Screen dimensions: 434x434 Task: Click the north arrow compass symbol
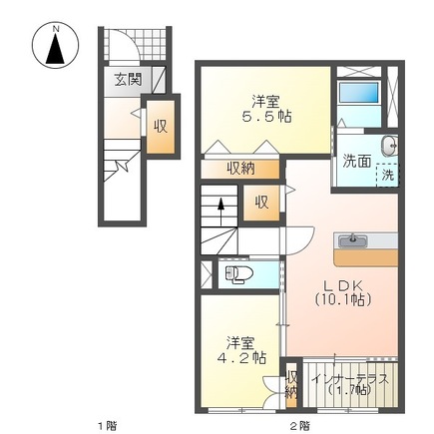[55, 45]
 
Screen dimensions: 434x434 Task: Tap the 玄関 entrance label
[128, 80]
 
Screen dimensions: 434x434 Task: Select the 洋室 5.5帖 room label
[266, 109]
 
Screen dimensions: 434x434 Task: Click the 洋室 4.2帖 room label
[241, 350]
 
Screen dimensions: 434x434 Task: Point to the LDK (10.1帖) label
[342, 293]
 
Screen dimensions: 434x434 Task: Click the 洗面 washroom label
[357, 162]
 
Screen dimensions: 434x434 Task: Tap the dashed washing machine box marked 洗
[387, 175]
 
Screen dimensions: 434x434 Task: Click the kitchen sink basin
[352, 240]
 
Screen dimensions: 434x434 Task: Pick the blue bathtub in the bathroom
[358, 92]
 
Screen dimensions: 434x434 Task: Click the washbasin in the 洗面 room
[388, 146]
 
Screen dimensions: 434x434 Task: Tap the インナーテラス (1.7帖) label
[351, 384]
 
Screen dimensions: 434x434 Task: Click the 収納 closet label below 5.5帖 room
[240, 169]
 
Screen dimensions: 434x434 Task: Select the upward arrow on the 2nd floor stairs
[220, 212]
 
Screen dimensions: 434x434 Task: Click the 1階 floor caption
[107, 425]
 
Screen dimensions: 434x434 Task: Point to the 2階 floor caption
[300, 425]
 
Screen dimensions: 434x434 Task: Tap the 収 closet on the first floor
[161, 127]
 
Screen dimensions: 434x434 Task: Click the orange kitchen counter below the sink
[366, 257]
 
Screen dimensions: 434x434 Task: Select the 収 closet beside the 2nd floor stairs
[261, 203]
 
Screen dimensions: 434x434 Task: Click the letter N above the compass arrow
[56, 29]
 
